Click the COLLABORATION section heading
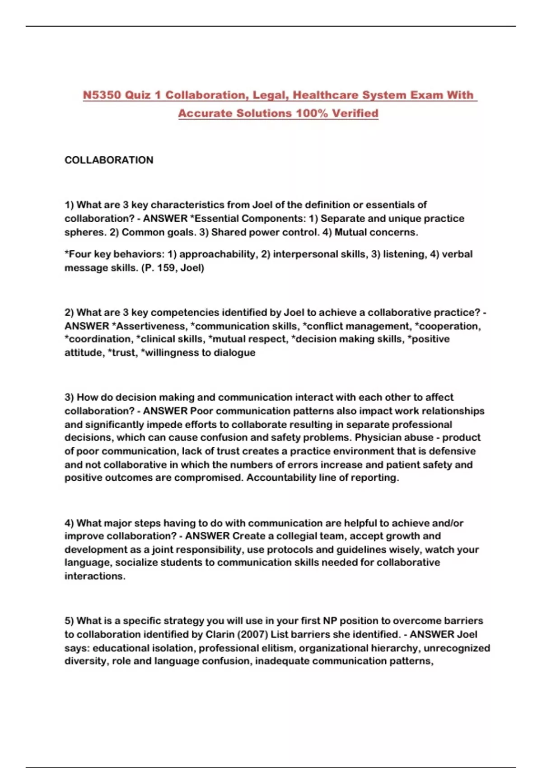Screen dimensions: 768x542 (x=109, y=160)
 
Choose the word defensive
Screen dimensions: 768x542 (x=452, y=451)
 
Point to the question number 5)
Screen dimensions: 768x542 (x=69, y=621)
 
